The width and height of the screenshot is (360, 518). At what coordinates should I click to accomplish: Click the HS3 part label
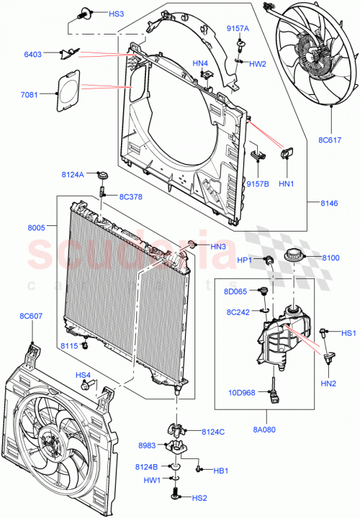116,14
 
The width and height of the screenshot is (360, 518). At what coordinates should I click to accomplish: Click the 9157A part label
238,28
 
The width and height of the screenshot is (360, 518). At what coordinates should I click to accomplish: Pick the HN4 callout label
200,63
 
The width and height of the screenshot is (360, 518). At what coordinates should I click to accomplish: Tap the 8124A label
73,174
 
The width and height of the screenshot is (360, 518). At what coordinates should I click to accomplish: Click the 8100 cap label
330,257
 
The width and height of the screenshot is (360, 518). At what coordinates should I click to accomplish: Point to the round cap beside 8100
294,257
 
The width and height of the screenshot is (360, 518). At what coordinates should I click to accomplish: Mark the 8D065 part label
235,292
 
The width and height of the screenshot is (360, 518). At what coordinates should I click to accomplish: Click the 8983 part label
148,447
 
